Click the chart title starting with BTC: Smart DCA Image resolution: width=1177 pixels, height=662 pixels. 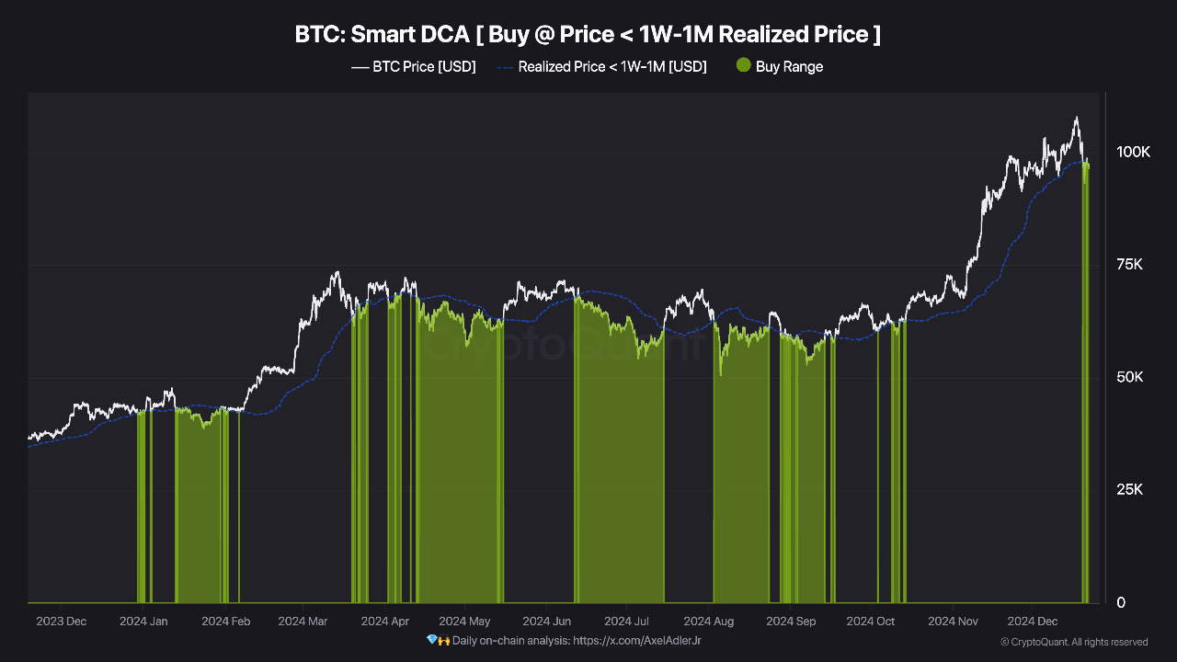(x=588, y=35)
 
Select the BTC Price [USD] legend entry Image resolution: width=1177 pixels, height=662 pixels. (x=414, y=67)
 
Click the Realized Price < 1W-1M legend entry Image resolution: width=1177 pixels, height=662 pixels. (x=601, y=67)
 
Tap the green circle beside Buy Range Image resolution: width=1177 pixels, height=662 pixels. (x=744, y=64)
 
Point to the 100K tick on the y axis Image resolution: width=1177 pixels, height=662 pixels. (x=1133, y=152)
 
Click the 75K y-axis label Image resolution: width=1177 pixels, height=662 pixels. (x=1129, y=264)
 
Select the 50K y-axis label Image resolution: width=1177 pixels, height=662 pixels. (x=1129, y=377)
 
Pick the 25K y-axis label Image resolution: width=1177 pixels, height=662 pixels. (x=1129, y=490)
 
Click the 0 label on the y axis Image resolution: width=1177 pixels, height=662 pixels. (x=1121, y=602)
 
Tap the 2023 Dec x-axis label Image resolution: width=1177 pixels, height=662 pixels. (x=61, y=621)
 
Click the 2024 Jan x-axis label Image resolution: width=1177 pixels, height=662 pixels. (x=143, y=621)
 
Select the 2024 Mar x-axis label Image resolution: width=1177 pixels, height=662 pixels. (x=303, y=621)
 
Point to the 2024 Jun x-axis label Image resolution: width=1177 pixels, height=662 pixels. (x=546, y=621)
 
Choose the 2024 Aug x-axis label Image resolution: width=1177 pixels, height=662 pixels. (x=708, y=621)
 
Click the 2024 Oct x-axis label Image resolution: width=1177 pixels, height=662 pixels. (x=870, y=621)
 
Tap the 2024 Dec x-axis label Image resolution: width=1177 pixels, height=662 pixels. (x=1033, y=621)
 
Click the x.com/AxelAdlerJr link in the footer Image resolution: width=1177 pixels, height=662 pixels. (x=637, y=641)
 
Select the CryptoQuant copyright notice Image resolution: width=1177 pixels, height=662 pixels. (x=1074, y=642)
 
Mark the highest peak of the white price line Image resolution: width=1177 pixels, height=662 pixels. (x=1076, y=117)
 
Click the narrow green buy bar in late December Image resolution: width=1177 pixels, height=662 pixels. (x=1086, y=383)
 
